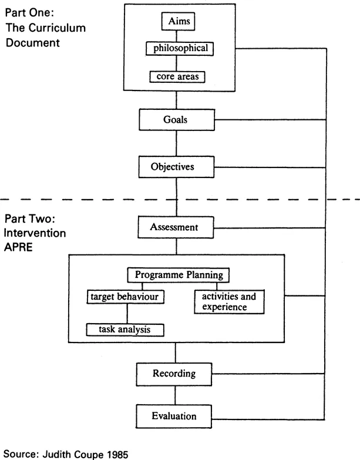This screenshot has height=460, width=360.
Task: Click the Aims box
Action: pos(178,22)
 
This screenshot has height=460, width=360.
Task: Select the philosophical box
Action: pos(178,48)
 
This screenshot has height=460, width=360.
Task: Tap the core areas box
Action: pos(178,76)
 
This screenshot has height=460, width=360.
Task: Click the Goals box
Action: pos(175,120)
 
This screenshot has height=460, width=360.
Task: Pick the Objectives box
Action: pos(175,167)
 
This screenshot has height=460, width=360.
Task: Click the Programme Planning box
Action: pos(178,274)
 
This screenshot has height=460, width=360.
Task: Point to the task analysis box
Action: pos(125,330)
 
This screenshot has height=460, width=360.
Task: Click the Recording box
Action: pos(174,374)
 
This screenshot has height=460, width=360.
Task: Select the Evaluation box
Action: pos(174,416)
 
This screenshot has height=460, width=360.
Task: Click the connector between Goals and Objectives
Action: pos(176,143)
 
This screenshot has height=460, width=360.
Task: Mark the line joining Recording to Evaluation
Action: pos(176,395)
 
